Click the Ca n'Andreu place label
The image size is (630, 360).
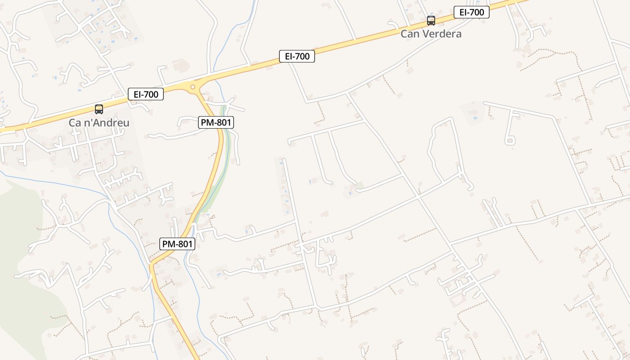coord(99,122)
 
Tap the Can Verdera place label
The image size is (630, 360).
coord(431,34)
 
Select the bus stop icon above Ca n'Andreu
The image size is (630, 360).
coord(99,109)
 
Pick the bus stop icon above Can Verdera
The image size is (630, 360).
coord(431,21)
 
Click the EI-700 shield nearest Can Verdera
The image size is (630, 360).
coord(471,13)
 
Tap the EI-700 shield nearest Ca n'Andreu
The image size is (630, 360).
coord(146,94)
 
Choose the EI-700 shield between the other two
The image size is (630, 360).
coord(297,56)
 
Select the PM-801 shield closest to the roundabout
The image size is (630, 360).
coord(216,122)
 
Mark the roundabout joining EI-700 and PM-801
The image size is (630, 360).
coord(193,87)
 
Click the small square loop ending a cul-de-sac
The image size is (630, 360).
coord(510,141)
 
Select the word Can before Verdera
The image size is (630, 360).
coord(410,34)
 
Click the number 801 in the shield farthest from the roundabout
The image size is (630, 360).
coord(184,244)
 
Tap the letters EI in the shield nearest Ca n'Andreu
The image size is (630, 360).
coord(137,94)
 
